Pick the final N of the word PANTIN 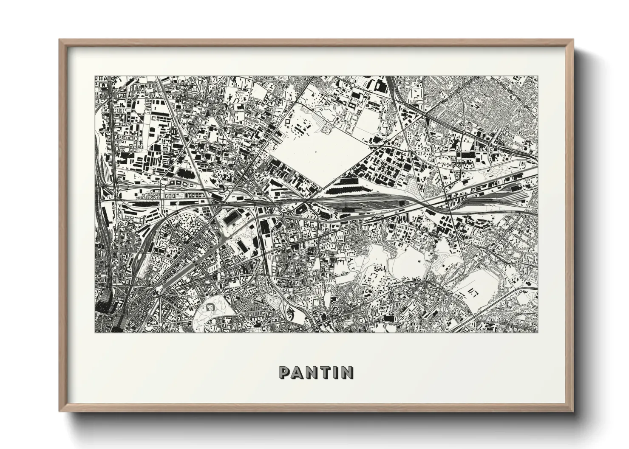[x=347, y=373]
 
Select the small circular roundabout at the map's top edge [x=352, y=86]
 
